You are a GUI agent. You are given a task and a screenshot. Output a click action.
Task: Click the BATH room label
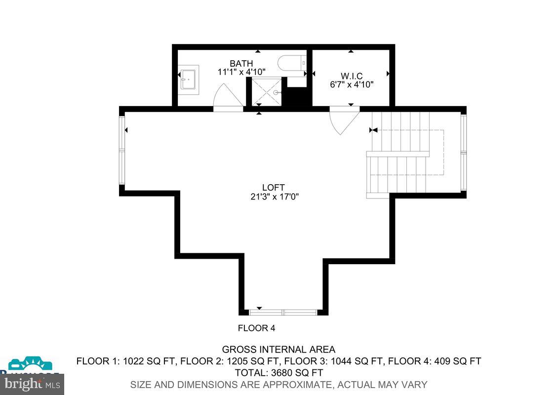[241, 64]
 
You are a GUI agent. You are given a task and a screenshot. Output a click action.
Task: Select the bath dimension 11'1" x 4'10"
[241, 72]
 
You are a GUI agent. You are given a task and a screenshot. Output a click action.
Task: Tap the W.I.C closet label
[351, 76]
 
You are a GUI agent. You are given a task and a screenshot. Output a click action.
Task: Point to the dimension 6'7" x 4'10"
[351, 84]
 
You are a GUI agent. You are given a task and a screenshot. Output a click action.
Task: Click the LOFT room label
[274, 188]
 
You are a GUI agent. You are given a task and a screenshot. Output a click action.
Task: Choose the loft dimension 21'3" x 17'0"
[275, 197]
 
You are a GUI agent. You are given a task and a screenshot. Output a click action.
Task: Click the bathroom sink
[188, 79]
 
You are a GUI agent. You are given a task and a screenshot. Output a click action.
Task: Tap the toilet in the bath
[291, 63]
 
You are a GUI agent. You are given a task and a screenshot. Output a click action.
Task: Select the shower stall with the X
[266, 92]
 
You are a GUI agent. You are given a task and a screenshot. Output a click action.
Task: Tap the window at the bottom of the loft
[283, 312]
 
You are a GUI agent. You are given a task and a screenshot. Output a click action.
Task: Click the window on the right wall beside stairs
[463, 152]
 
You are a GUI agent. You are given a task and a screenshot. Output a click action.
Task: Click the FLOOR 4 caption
[256, 328]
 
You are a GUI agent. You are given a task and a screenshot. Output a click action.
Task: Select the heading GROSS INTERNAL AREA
[279, 350]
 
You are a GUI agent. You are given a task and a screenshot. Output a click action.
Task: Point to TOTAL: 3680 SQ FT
[279, 372]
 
